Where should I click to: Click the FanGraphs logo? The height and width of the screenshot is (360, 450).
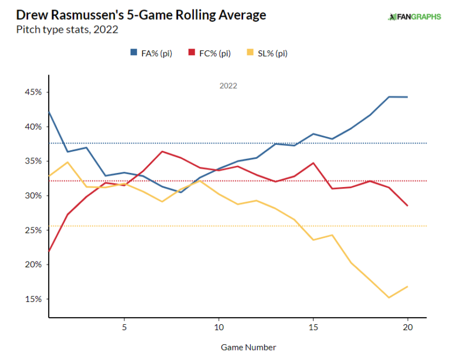click(x=414, y=16)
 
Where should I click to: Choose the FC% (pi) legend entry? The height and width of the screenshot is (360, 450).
click(x=209, y=53)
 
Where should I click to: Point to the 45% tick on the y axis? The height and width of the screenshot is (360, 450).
click(x=33, y=92)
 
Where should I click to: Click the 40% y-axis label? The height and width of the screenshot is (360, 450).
click(x=33, y=127)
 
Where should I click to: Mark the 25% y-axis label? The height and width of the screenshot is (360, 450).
click(x=33, y=230)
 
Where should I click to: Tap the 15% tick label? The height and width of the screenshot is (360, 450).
click(x=33, y=299)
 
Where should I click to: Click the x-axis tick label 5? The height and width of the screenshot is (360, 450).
click(x=124, y=326)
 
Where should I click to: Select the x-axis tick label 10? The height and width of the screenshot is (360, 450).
click(x=218, y=326)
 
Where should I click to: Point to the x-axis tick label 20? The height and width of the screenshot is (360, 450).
click(x=407, y=326)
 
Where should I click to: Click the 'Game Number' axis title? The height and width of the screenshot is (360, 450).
click(x=248, y=347)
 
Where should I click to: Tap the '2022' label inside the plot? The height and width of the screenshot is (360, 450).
click(x=229, y=86)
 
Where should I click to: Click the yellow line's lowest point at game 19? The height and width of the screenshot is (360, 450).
click(x=388, y=297)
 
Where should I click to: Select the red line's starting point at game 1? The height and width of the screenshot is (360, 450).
click(x=48, y=253)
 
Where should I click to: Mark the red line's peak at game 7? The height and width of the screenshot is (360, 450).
click(x=162, y=151)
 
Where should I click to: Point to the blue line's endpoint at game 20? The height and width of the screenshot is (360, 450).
click(x=407, y=97)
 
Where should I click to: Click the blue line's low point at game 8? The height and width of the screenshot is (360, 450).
click(x=180, y=192)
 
